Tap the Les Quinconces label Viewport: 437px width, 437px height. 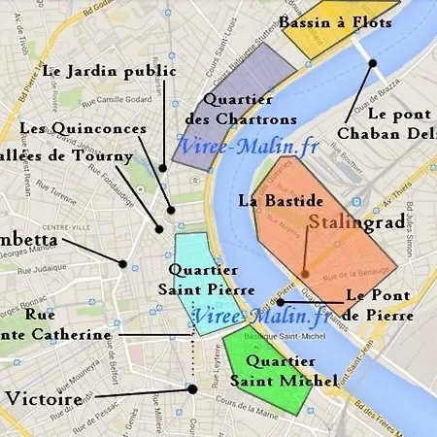84,128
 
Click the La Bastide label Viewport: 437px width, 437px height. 281,201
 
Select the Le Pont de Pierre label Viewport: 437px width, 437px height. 380,304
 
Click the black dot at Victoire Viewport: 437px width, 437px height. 192,388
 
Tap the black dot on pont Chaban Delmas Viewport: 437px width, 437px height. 372,63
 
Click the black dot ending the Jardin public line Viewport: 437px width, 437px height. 163,168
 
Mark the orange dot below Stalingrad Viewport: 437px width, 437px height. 304,273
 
